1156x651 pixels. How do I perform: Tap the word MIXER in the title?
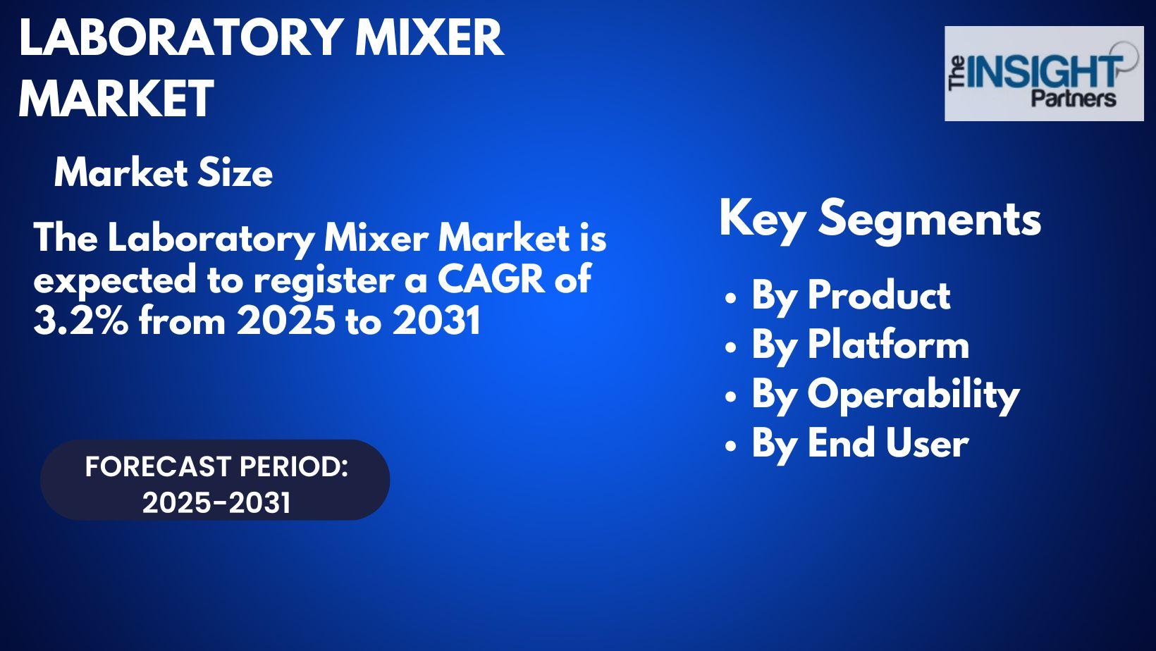(x=429, y=37)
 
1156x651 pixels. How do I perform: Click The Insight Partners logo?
(x=1044, y=74)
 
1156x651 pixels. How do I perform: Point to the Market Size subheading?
(x=163, y=173)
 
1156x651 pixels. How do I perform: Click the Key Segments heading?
(x=880, y=219)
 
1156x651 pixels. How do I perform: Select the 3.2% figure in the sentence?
(x=80, y=321)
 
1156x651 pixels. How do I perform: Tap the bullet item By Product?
(x=851, y=296)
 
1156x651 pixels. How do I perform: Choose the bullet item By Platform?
(x=860, y=345)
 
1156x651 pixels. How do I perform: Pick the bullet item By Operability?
(x=885, y=395)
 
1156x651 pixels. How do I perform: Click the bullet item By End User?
(x=860, y=443)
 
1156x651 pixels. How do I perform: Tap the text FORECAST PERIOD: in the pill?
(x=217, y=467)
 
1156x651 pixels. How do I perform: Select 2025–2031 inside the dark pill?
(x=216, y=503)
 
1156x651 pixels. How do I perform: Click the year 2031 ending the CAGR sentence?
(x=436, y=321)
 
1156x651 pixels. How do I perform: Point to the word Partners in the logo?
(x=1074, y=98)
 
